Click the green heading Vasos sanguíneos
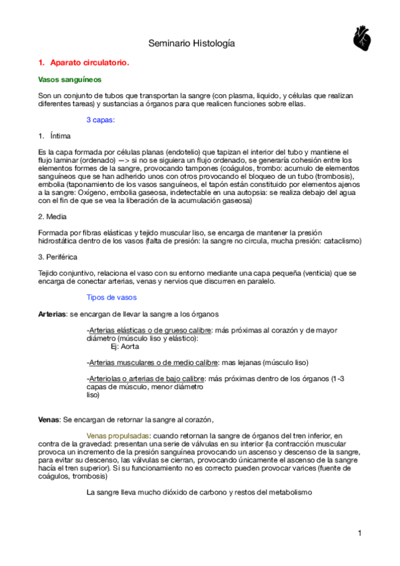[x=67, y=79]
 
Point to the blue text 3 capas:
[x=101, y=120]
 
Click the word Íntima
[x=60, y=135]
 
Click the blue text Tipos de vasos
[x=112, y=297]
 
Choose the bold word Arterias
[x=52, y=314]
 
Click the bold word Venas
[x=48, y=419]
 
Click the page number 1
[x=359, y=533]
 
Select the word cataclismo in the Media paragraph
[x=341, y=240]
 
